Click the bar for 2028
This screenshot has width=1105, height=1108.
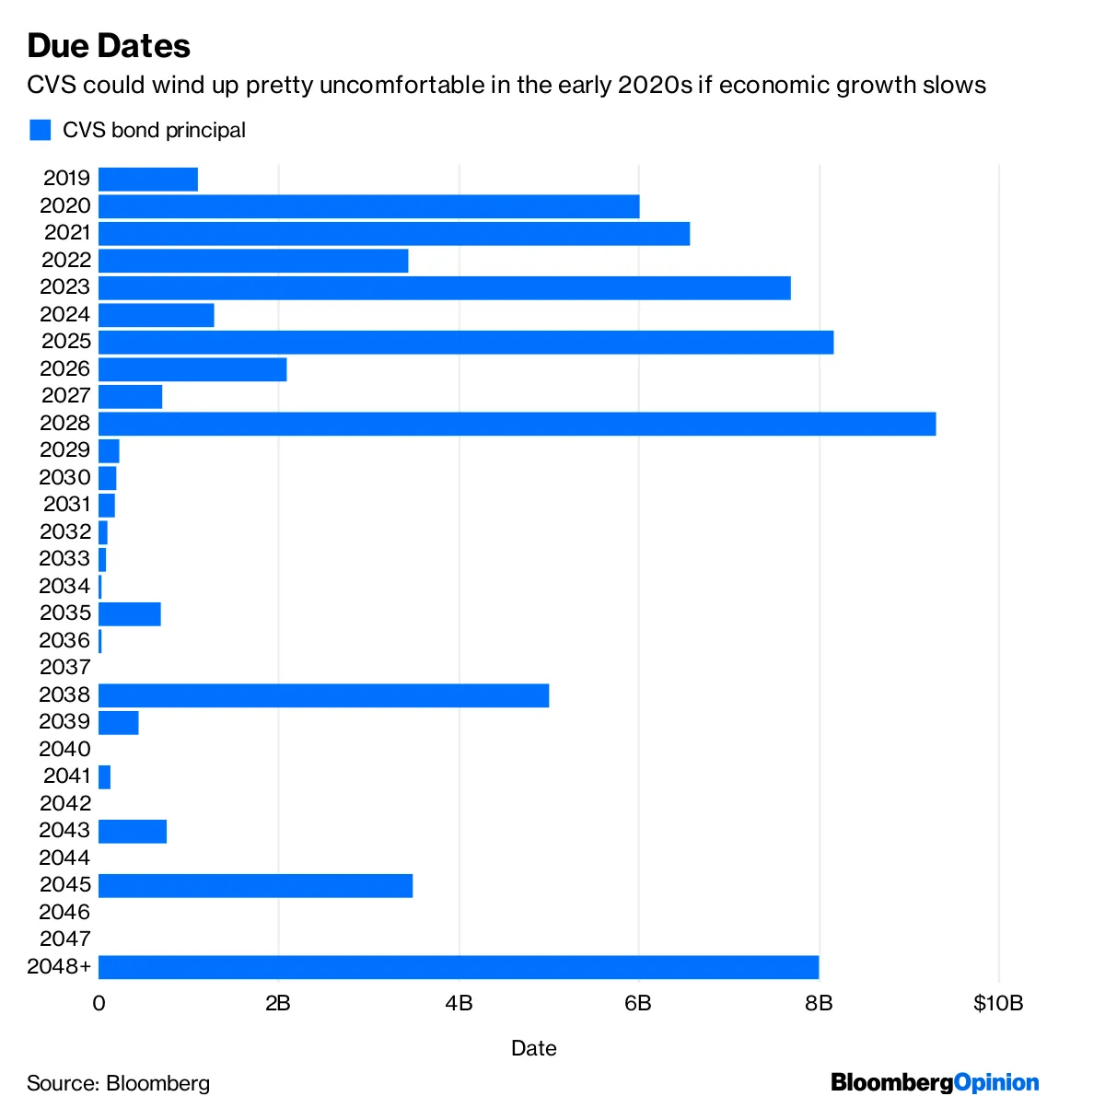(x=517, y=424)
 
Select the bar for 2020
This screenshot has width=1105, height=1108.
(x=368, y=206)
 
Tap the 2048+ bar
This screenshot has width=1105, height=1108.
(x=459, y=967)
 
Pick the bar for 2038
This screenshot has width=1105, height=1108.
(x=323, y=695)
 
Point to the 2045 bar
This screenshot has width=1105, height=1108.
(x=255, y=886)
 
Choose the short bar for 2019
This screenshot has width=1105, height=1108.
(x=148, y=180)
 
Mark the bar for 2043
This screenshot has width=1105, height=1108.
(x=133, y=832)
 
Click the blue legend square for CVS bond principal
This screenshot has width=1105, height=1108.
(x=40, y=130)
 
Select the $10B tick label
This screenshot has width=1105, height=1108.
(x=998, y=1003)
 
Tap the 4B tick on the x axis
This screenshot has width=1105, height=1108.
(x=459, y=1003)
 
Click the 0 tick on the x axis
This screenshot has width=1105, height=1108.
(x=99, y=1003)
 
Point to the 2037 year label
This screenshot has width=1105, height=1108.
(x=65, y=667)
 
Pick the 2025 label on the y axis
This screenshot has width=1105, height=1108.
(x=66, y=342)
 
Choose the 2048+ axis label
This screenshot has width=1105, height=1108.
(x=60, y=966)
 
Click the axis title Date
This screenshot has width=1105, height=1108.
(x=534, y=1048)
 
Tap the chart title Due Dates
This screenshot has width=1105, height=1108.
(x=109, y=46)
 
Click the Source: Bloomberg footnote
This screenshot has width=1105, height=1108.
(x=118, y=1083)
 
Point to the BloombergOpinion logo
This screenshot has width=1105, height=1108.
(x=935, y=1082)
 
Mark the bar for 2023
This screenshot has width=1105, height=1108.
(x=444, y=288)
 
